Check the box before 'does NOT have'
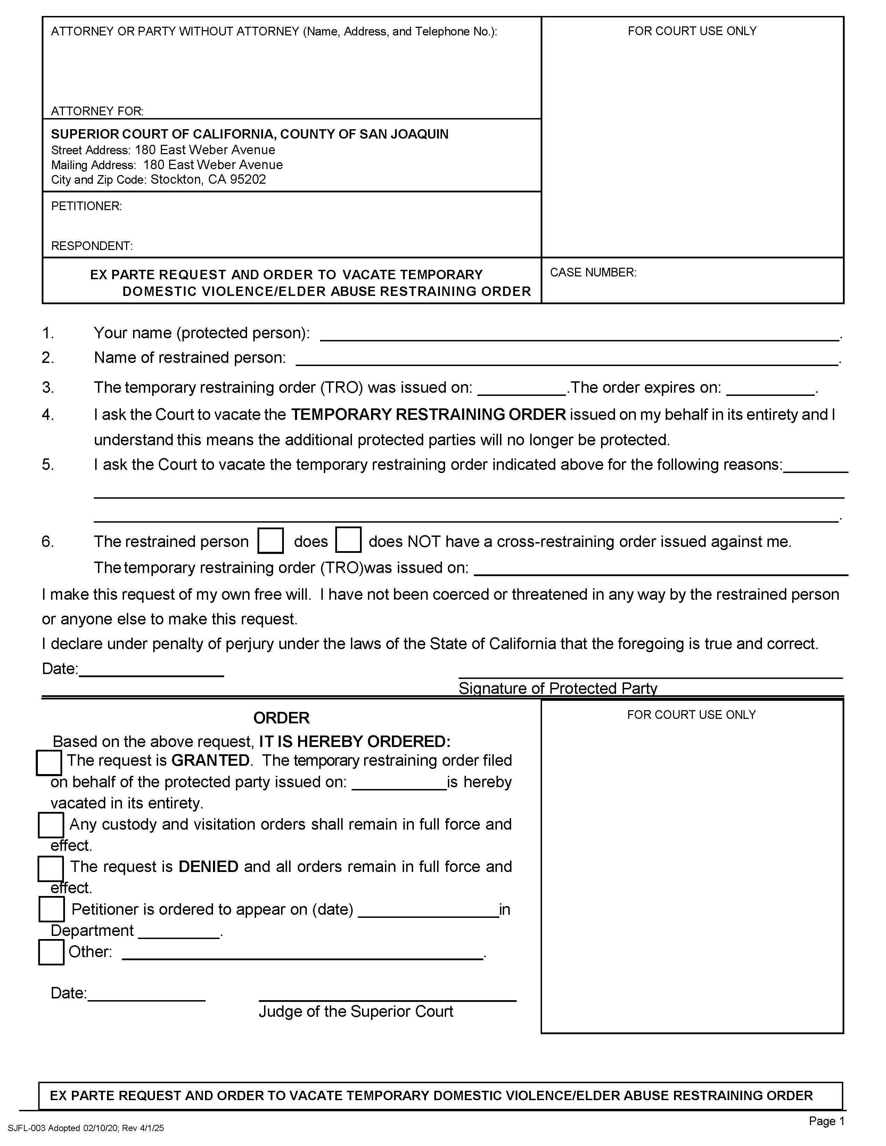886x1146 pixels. (348, 540)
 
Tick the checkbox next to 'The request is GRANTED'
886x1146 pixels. (49, 762)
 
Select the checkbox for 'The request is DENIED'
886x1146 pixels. (51, 869)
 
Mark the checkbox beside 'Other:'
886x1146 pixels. (51, 952)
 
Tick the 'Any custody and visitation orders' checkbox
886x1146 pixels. (51, 825)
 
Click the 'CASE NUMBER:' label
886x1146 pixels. (593, 272)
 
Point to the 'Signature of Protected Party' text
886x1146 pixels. (557, 688)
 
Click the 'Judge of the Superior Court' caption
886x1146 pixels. (356, 1011)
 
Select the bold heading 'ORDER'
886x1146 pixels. (281, 717)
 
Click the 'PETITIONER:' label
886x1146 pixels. (86, 206)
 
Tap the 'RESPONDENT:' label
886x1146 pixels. (91, 246)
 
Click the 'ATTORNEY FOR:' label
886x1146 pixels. (97, 111)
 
